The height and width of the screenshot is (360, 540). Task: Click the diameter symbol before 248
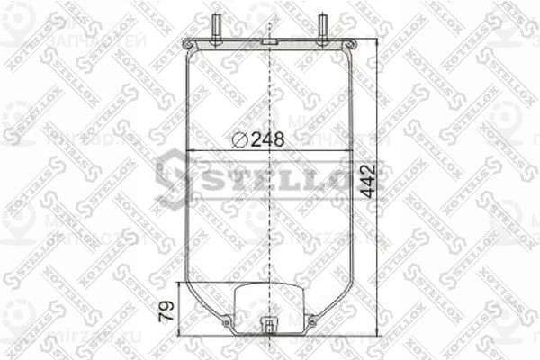point(239,139)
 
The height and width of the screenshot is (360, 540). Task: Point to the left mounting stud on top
point(218,26)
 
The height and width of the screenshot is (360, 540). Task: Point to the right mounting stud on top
point(322,26)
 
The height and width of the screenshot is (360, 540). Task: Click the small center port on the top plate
point(270,42)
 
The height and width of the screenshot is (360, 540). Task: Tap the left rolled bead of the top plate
point(186,44)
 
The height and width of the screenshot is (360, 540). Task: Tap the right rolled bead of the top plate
point(354,44)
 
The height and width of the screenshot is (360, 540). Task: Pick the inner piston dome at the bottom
point(270,297)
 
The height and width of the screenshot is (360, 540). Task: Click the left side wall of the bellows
point(186,180)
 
